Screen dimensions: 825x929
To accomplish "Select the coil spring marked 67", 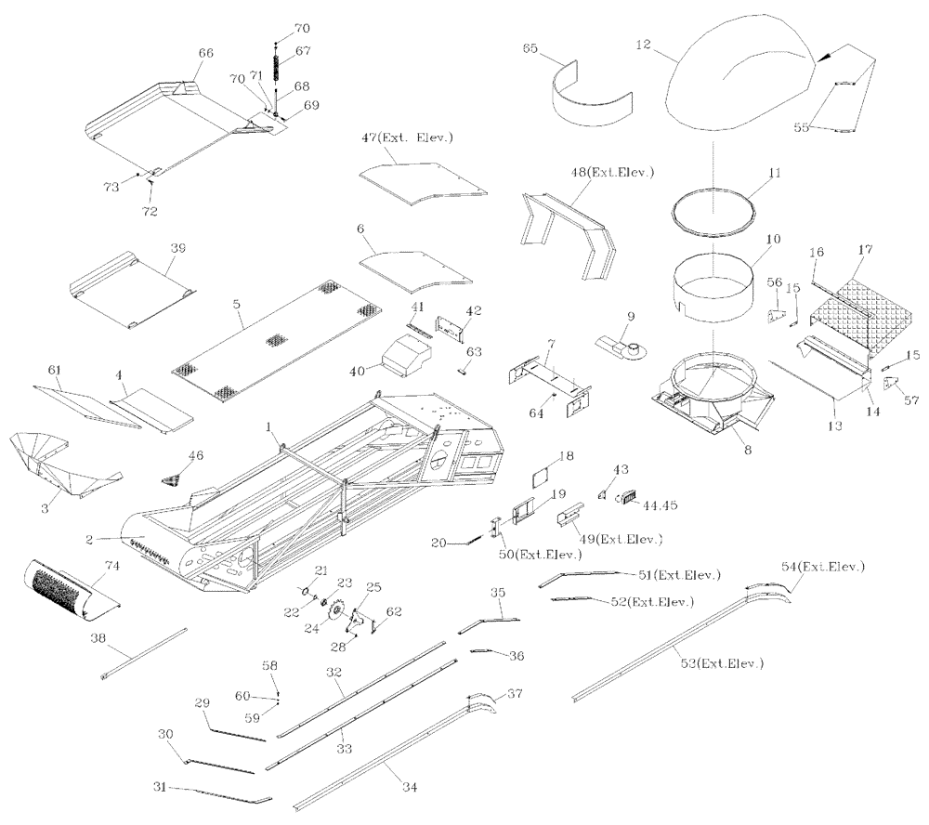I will [277, 70].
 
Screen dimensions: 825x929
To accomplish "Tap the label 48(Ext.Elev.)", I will [613, 173].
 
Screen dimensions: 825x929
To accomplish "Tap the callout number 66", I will [205, 53].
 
